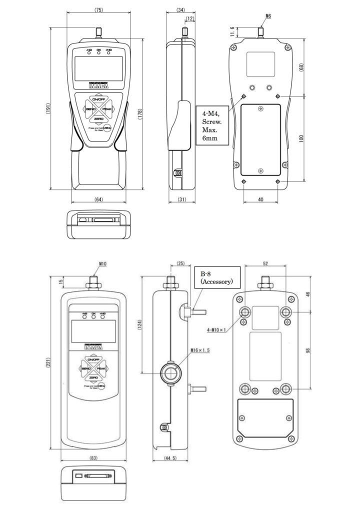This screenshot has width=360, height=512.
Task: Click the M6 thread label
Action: (268, 16)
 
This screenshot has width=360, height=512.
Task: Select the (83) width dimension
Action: (93, 457)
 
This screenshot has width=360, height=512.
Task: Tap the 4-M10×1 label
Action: (220, 330)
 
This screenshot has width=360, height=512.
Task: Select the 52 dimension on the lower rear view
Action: (265, 263)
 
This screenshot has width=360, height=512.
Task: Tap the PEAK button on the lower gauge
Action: (100, 368)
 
